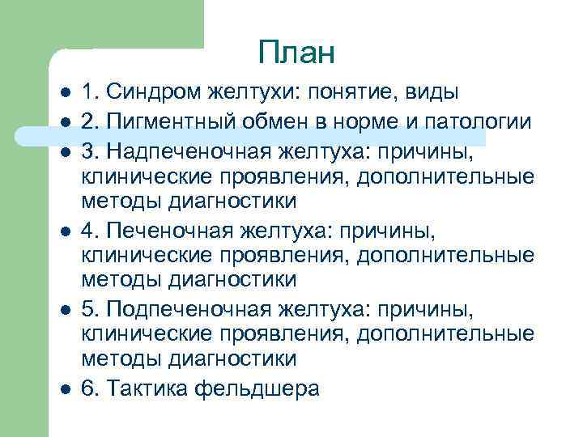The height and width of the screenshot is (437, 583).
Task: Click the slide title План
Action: (x=296, y=53)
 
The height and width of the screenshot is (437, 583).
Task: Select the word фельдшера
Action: (x=257, y=388)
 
